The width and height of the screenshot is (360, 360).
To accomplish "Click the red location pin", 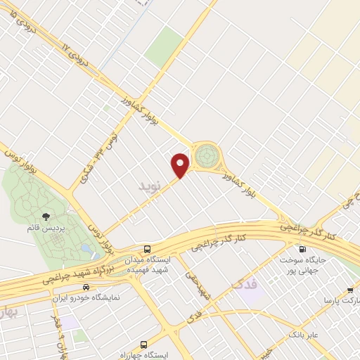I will [x=181, y=165].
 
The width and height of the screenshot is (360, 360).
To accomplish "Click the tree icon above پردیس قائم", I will [x=46, y=217].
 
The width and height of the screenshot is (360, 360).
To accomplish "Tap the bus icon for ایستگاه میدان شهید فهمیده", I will [x=147, y=249].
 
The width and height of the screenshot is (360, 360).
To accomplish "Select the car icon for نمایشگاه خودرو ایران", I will [x=86, y=287].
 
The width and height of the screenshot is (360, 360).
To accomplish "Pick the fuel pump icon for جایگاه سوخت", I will [x=303, y=249].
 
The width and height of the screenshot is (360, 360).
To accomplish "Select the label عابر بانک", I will [x=304, y=334].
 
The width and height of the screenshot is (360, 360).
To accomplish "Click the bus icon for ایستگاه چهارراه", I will [x=144, y=345].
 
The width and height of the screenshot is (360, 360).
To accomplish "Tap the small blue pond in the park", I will [x=85, y=249].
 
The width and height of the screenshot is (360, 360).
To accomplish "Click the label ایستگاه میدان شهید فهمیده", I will [x=147, y=264].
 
